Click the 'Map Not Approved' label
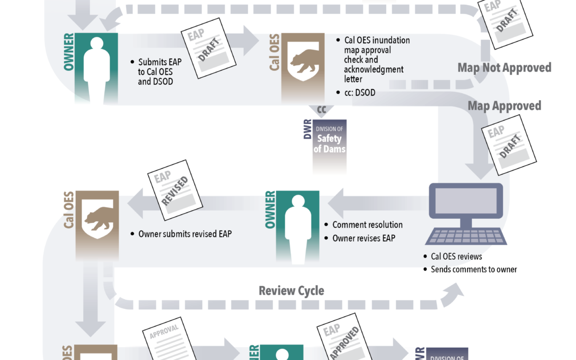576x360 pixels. point(504,68)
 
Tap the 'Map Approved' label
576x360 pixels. point(504,106)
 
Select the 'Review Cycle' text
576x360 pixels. point(291,291)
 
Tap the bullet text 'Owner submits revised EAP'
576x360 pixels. point(185,234)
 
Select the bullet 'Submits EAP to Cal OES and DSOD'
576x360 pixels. point(159,72)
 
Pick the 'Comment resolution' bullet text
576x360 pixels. point(367,225)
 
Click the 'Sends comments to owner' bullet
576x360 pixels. point(474,269)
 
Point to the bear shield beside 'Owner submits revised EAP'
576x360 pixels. point(99,218)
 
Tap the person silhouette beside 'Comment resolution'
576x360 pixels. point(298,225)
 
